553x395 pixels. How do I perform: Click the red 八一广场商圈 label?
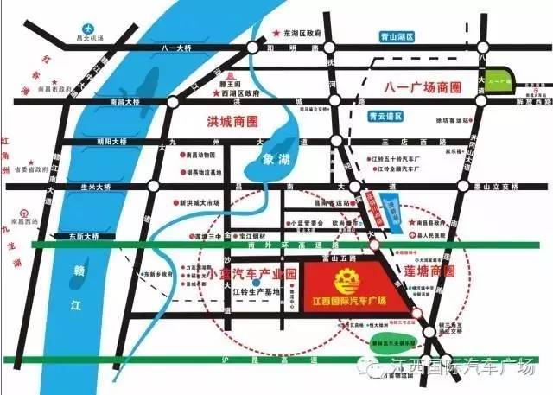(419, 87)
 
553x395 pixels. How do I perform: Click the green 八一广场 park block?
(498, 80)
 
